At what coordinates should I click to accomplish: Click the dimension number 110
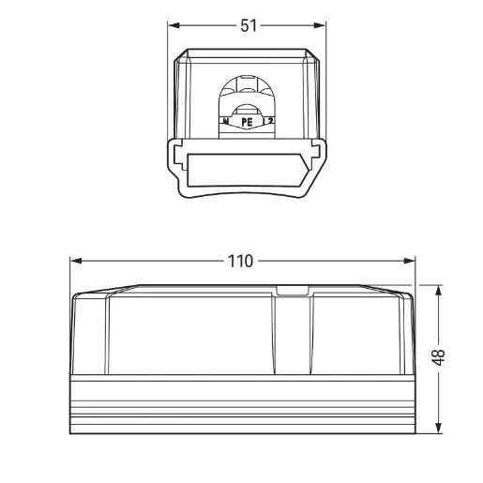click(241, 261)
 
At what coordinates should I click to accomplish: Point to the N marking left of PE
click(226, 122)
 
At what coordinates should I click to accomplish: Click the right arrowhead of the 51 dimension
click(322, 26)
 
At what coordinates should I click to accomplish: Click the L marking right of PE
click(266, 122)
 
